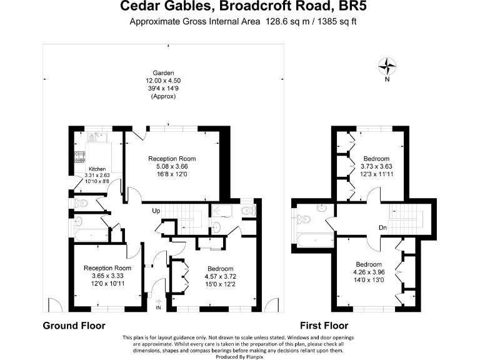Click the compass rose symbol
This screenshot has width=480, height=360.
click(x=387, y=66)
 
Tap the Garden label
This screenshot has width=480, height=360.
click(x=164, y=73)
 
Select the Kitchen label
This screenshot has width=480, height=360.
click(x=97, y=169)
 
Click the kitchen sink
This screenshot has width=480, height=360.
click(x=97, y=137)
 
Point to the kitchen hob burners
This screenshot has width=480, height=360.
click(x=80, y=157)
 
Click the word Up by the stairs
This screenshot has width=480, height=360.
click(x=156, y=211)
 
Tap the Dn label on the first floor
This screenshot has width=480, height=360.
click(x=382, y=227)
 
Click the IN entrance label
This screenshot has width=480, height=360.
click(x=158, y=307)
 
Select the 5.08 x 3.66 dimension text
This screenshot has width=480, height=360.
click(x=172, y=166)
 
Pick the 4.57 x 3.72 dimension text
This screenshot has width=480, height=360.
click(x=221, y=276)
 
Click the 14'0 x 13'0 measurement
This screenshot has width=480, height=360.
click(x=369, y=280)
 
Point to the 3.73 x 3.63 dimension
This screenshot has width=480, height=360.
click(x=376, y=166)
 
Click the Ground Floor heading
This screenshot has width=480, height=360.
click(x=74, y=326)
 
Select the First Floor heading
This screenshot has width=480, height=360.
click(x=324, y=326)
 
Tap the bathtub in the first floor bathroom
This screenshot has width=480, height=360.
click(x=315, y=241)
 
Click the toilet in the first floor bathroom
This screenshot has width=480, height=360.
click(x=304, y=219)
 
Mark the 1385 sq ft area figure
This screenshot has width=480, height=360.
click(x=337, y=22)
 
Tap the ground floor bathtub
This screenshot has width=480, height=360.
click(x=91, y=235)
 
